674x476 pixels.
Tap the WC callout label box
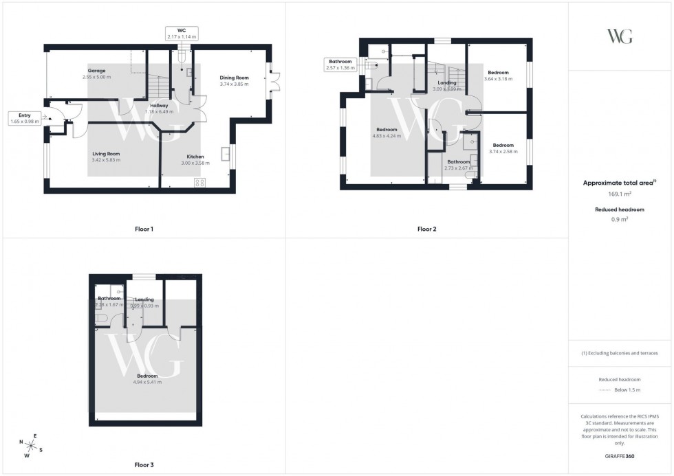(x=182, y=33)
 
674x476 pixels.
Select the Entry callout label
(x=25, y=118)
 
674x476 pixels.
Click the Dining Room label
(x=234, y=78)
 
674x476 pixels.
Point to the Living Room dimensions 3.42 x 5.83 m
(x=106, y=160)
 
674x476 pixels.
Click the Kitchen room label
(x=195, y=157)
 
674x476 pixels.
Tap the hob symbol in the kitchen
(x=201, y=182)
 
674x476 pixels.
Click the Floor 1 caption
(x=144, y=229)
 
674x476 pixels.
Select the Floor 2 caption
(x=426, y=229)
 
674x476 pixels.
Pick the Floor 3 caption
(x=144, y=465)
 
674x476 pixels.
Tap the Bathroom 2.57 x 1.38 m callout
(x=340, y=65)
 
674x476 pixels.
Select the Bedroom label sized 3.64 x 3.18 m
(x=498, y=73)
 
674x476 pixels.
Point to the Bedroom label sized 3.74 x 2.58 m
(x=503, y=145)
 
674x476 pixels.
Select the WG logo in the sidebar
(x=619, y=36)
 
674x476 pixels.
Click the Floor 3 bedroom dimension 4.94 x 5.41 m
(x=147, y=382)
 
